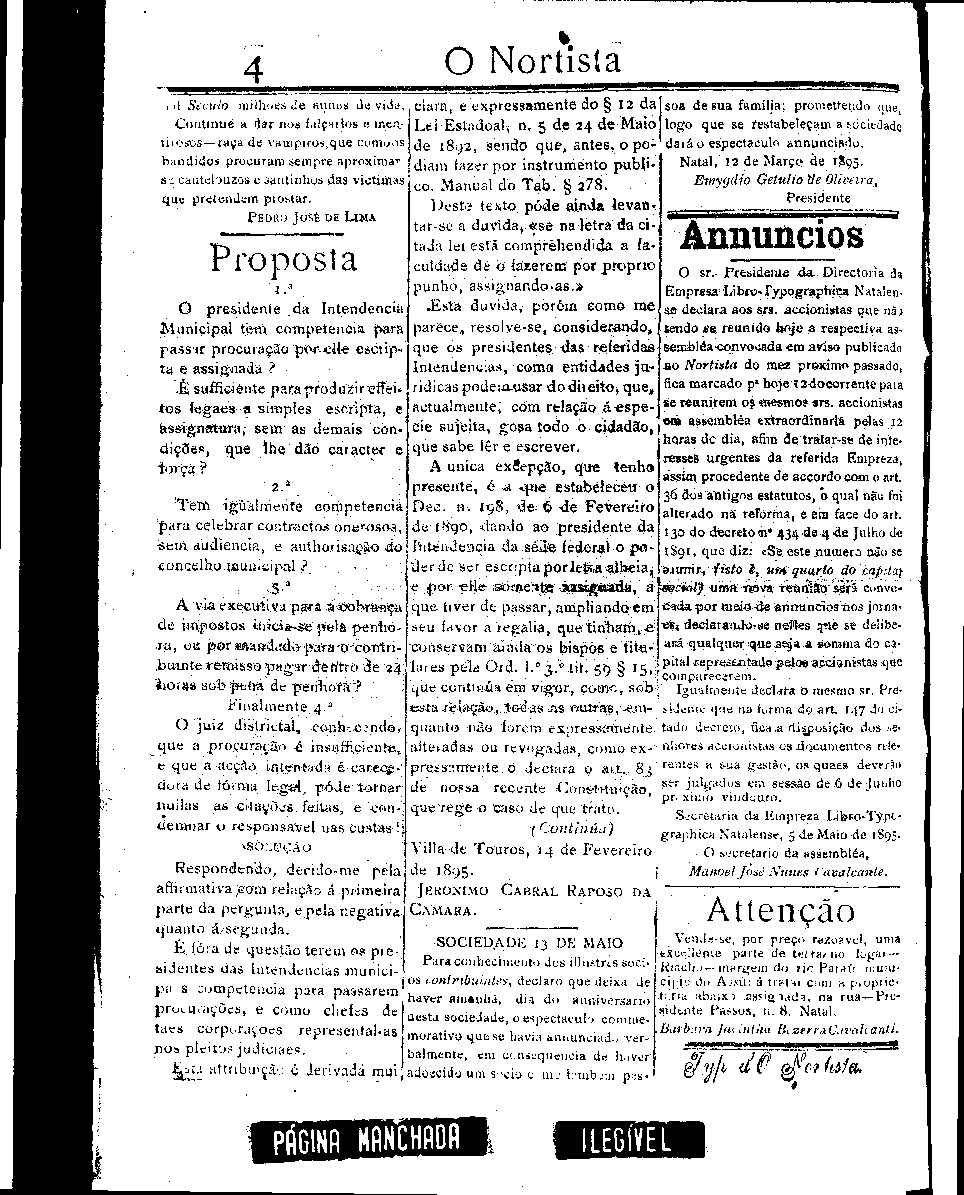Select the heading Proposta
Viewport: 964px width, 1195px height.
(283, 259)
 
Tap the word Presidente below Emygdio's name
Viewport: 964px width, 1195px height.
(818, 197)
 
